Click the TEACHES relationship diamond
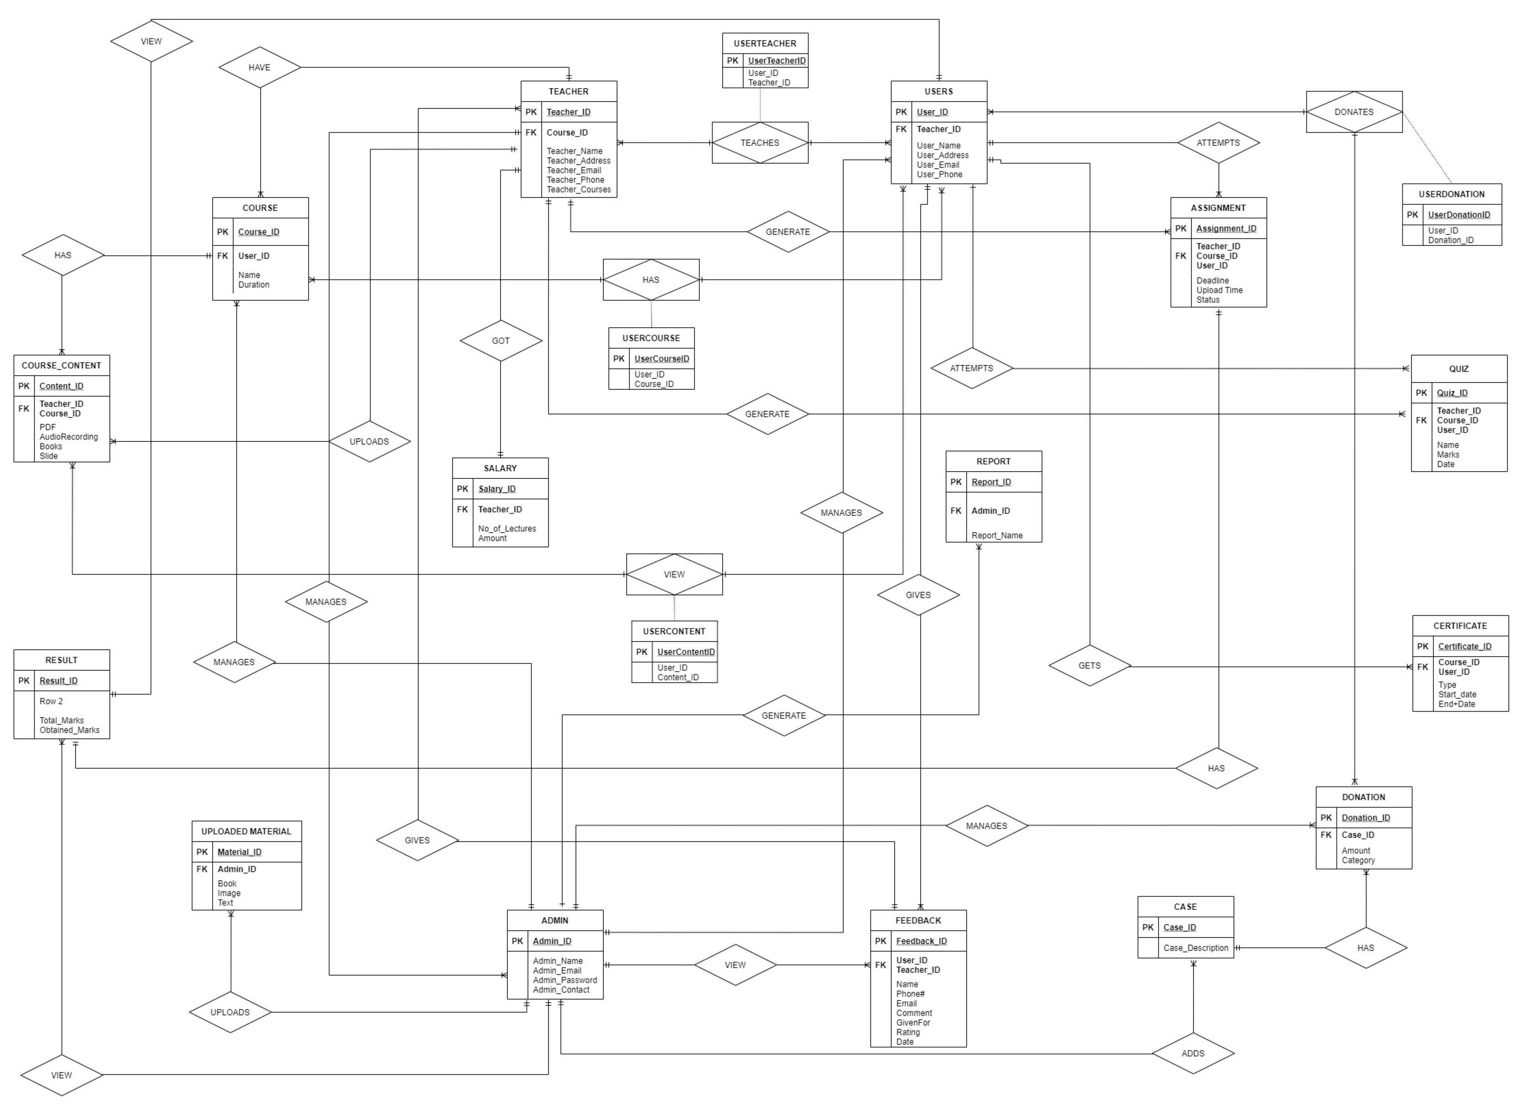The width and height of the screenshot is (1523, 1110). click(x=760, y=143)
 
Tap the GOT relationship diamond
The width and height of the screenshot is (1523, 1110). click(x=501, y=340)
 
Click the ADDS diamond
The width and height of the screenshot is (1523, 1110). click(x=1193, y=1053)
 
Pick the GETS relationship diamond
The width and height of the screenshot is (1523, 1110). click(x=1090, y=665)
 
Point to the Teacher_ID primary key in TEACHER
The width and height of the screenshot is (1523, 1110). click(x=569, y=112)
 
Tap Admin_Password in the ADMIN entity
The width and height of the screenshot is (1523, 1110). click(x=564, y=980)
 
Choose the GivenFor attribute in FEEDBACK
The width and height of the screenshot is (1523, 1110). click(x=913, y=1022)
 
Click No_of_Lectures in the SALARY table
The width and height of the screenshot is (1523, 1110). click(x=507, y=529)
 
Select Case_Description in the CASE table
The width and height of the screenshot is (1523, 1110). click(x=1196, y=947)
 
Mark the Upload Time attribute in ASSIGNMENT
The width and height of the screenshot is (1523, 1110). click(x=1219, y=290)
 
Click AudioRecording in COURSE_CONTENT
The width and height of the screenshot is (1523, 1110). click(x=69, y=437)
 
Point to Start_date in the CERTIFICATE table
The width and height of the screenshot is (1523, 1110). click(x=1457, y=694)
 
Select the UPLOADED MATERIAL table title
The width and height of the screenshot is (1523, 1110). click(x=246, y=831)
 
